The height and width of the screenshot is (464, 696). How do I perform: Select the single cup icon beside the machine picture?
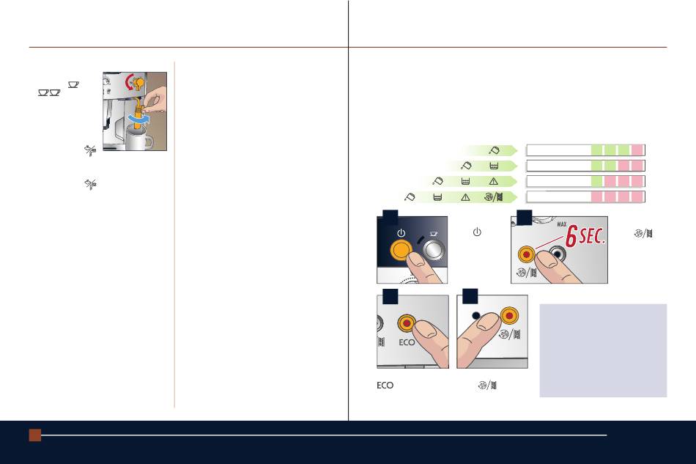point(73,84)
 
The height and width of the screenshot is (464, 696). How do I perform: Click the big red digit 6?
point(571,236)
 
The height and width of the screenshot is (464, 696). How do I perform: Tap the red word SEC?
point(592,235)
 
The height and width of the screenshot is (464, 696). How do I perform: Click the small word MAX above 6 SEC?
point(561,224)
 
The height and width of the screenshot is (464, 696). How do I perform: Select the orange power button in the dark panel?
point(401,250)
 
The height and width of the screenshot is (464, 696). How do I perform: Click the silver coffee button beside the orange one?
point(434,249)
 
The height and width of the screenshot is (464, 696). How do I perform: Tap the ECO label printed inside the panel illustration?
point(407,342)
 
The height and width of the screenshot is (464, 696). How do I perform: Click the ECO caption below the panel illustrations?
point(385,386)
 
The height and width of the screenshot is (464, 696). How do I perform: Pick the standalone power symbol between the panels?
point(477,232)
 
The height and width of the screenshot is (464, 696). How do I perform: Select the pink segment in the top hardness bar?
point(637,150)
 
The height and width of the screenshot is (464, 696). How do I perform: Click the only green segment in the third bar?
point(596,181)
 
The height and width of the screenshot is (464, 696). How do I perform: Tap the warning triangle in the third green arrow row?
point(493,181)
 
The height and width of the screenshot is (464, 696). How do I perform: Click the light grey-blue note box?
point(603,350)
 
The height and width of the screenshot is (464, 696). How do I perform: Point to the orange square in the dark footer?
point(35,435)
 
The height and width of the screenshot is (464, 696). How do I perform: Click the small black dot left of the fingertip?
point(476,315)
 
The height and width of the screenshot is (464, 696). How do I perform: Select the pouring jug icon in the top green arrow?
point(494,150)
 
